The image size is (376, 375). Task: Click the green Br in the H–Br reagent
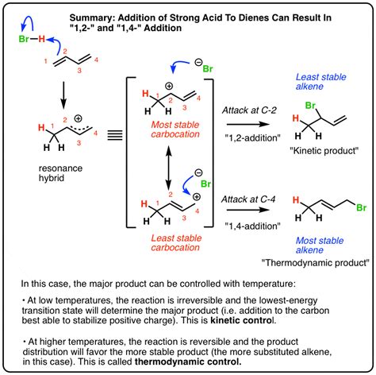[24, 39]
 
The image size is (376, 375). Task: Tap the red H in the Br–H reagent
[41, 39]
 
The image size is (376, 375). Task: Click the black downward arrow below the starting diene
[63, 95]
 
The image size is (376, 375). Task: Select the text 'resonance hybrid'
[60, 173]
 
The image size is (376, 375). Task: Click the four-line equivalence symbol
[115, 135]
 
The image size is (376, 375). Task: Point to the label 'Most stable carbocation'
[175, 130]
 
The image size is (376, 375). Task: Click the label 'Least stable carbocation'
[176, 242]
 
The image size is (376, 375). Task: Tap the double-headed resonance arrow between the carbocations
[168, 168]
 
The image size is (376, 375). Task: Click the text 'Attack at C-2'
[249, 110]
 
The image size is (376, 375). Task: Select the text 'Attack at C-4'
[248, 199]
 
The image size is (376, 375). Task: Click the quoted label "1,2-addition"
[252, 137]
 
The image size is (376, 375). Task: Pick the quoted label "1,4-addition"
[252, 226]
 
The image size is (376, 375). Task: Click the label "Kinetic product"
[324, 151]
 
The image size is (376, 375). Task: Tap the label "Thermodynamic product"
[315, 263]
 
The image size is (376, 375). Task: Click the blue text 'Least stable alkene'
[320, 82]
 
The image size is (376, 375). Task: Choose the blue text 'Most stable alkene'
[320, 245]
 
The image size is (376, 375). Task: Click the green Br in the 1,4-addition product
[362, 207]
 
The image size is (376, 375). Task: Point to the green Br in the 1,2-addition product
[310, 106]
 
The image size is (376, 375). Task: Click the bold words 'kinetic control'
[241, 320]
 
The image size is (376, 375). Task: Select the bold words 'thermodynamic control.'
[188, 361]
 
